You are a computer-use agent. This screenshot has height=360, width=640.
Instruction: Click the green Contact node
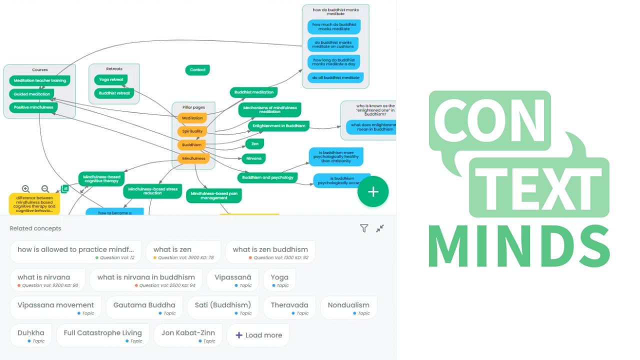pyautogui.click(x=197, y=70)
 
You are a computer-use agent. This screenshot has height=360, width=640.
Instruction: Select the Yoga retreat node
pyautogui.click(x=110, y=79)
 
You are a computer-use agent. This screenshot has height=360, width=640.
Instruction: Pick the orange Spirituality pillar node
pyautogui.click(x=192, y=131)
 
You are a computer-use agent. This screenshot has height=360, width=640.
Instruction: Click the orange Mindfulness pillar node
pyautogui.click(x=193, y=158)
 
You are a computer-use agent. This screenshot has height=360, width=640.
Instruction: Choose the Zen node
pyautogui.click(x=255, y=144)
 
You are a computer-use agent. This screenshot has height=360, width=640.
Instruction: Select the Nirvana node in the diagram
pyautogui.click(x=253, y=159)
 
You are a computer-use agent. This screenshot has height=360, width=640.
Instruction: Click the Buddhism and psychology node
pyautogui.click(x=267, y=177)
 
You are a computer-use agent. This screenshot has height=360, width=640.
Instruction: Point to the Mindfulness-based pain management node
pyautogui.click(x=214, y=195)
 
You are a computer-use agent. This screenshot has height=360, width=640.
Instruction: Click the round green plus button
pyautogui.click(x=373, y=191)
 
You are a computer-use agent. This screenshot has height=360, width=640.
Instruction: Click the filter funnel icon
pyautogui.click(x=364, y=228)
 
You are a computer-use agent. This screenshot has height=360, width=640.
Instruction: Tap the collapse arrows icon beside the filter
pyautogui.click(x=380, y=228)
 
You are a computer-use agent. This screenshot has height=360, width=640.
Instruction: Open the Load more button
pyautogui.click(x=258, y=335)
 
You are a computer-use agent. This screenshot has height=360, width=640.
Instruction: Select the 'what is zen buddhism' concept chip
pyautogui.click(x=270, y=252)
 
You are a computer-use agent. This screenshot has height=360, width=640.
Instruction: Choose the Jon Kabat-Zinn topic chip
pyautogui.click(x=188, y=335)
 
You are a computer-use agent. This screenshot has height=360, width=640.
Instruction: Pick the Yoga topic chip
pyautogui.click(x=279, y=280)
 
